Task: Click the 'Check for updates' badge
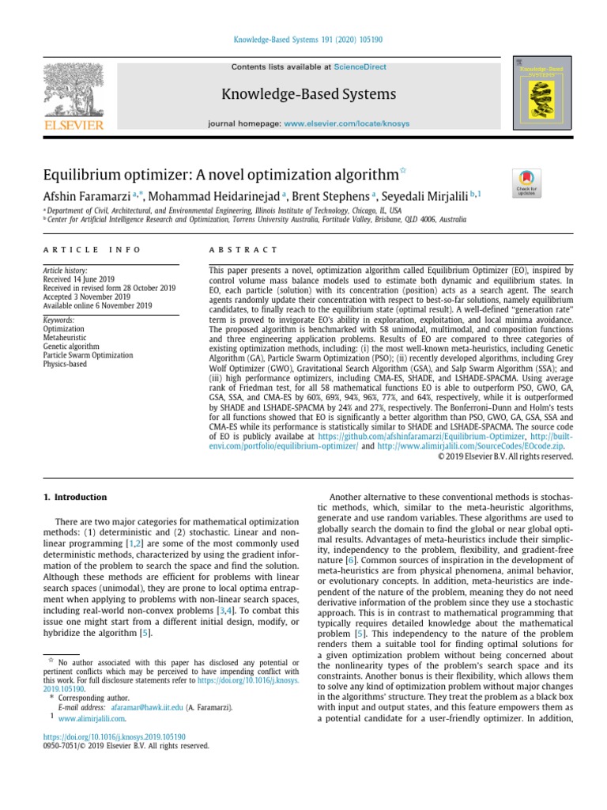(526, 183)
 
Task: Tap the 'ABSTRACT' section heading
(232, 250)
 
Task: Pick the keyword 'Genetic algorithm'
(73, 346)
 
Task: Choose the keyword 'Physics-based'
(66, 365)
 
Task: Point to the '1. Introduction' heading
(74, 498)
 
